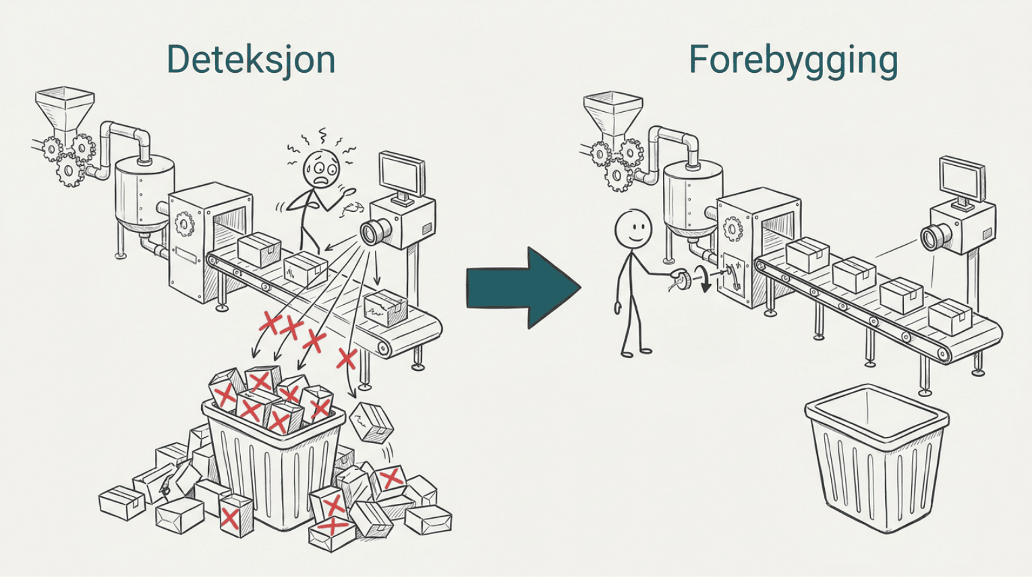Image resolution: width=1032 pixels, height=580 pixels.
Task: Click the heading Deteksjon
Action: coord(250,59)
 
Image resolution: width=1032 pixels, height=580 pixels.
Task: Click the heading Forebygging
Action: coord(793,61)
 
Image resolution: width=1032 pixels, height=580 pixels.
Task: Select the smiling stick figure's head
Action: coord(633,229)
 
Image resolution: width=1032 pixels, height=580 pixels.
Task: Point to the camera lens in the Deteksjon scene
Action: coord(371,233)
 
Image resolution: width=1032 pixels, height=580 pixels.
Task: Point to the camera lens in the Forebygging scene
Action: coord(933,237)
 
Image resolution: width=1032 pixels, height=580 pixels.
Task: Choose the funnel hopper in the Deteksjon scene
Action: coord(65,108)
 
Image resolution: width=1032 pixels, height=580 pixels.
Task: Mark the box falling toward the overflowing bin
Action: coord(372,423)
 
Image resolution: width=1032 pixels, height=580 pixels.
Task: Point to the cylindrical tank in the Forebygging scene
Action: coord(692,196)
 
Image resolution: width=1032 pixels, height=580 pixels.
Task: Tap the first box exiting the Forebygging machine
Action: coord(807,256)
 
